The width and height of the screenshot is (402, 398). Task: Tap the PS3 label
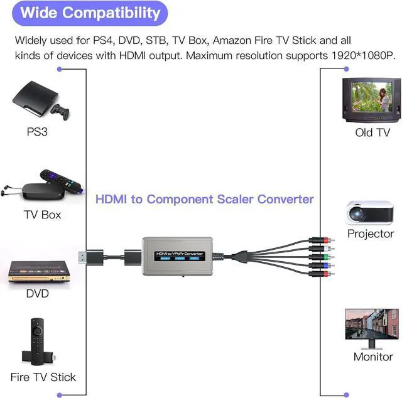(37, 132)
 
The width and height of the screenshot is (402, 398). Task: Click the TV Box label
(43, 214)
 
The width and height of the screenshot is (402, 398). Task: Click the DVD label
(37, 294)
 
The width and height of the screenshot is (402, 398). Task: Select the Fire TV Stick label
(43, 377)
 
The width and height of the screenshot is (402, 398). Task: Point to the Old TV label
(372, 132)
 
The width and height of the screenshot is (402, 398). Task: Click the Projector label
(371, 234)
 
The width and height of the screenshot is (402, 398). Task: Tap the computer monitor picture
(371, 328)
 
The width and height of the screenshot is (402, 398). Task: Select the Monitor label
(373, 357)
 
